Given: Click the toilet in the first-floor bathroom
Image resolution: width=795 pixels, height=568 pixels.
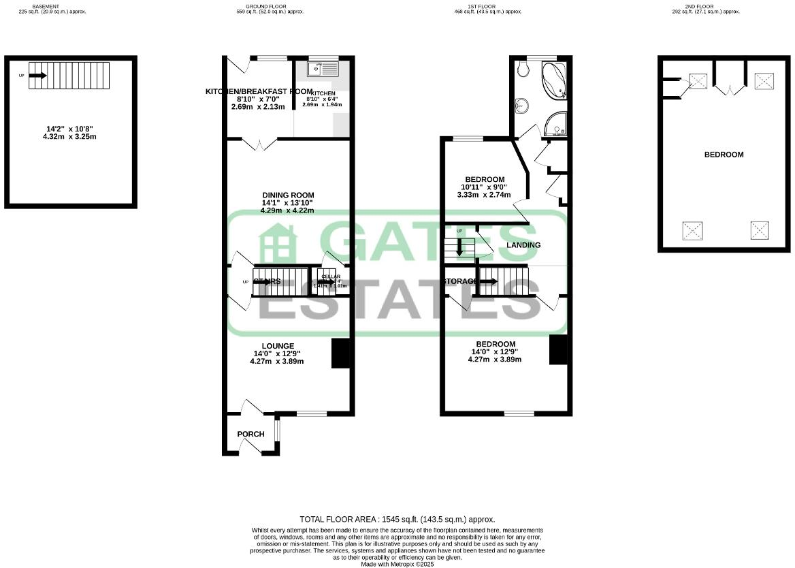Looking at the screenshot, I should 522,69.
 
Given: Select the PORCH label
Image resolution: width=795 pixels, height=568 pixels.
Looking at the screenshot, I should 250,434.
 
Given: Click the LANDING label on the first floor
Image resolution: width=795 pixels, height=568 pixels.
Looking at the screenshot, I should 523,245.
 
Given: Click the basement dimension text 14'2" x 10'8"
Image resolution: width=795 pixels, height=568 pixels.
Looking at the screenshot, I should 71,128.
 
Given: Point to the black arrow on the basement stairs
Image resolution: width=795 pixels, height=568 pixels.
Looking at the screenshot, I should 37,76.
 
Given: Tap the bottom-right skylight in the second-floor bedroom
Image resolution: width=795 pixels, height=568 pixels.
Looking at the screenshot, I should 760,230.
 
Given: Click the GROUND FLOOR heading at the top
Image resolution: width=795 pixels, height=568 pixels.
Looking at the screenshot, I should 271,6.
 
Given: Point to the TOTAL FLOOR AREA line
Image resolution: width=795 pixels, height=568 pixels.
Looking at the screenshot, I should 397,519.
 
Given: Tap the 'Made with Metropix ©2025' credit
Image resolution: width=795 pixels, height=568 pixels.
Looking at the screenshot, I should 397,564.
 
